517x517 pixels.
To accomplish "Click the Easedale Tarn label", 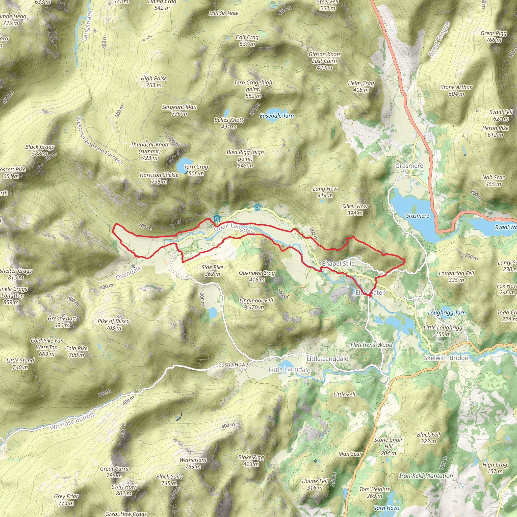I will [x=277, y=116].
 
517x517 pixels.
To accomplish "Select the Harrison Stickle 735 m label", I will [x=159, y=178].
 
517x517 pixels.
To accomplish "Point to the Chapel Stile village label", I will [x=338, y=263].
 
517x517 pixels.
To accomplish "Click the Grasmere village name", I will [x=409, y=166].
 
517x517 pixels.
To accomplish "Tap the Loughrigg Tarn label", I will [x=447, y=313].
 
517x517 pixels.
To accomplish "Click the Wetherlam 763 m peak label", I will [x=193, y=463].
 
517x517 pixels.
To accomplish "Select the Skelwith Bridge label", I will [x=446, y=358].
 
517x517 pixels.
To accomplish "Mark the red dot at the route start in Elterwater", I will [x=370, y=295].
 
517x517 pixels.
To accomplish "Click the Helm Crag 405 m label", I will [x=361, y=86].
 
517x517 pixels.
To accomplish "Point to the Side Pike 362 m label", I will [x=212, y=270].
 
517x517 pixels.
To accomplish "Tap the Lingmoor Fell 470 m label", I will [x=256, y=304].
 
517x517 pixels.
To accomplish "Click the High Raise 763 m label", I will [x=154, y=82].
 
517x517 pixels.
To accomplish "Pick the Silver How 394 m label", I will [x=355, y=210].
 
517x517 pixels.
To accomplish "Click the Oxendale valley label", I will [x=128, y=273].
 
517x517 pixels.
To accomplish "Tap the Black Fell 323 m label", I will [x=428, y=438].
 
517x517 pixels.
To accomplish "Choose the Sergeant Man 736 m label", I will [x=179, y=110].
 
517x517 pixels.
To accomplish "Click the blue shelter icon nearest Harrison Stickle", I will [x=217, y=219].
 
